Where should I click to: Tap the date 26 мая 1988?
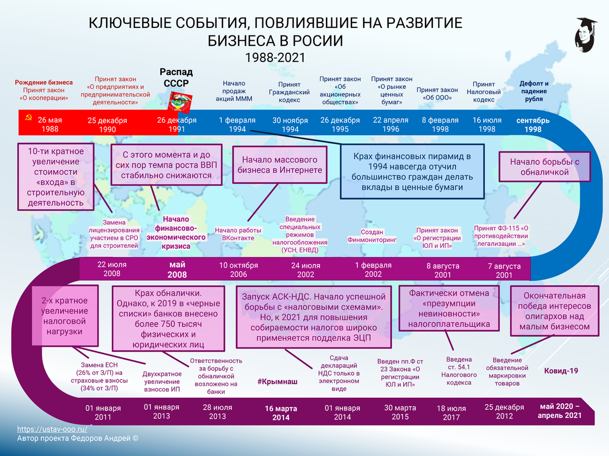click(x=50, y=125)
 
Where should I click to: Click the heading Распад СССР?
click(x=176, y=77)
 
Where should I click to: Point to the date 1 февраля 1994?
click(x=237, y=125)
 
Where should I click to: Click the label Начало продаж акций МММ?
click(x=233, y=91)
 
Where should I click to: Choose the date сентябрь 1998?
click(x=532, y=125)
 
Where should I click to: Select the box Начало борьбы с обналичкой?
click(x=545, y=167)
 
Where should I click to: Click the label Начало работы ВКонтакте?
click(x=238, y=234)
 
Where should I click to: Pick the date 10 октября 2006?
click(x=239, y=270)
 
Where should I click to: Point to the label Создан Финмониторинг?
click(x=372, y=236)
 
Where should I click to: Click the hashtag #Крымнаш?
click(x=277, y=382)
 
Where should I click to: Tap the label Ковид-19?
click(x=561, y=371)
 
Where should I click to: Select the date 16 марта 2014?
click(x=281, y=412)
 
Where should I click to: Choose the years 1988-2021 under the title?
click(x=275, y=57)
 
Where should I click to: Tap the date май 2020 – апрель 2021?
click(x=560, y=410)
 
